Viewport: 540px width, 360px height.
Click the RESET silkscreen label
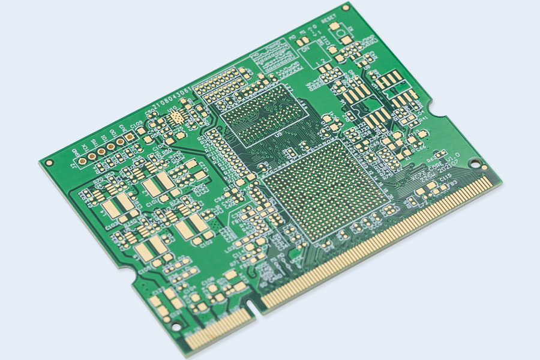click(329, 20)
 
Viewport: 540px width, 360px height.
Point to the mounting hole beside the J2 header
click(48, 163)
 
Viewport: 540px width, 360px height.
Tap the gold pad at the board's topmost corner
click(346, 7)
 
